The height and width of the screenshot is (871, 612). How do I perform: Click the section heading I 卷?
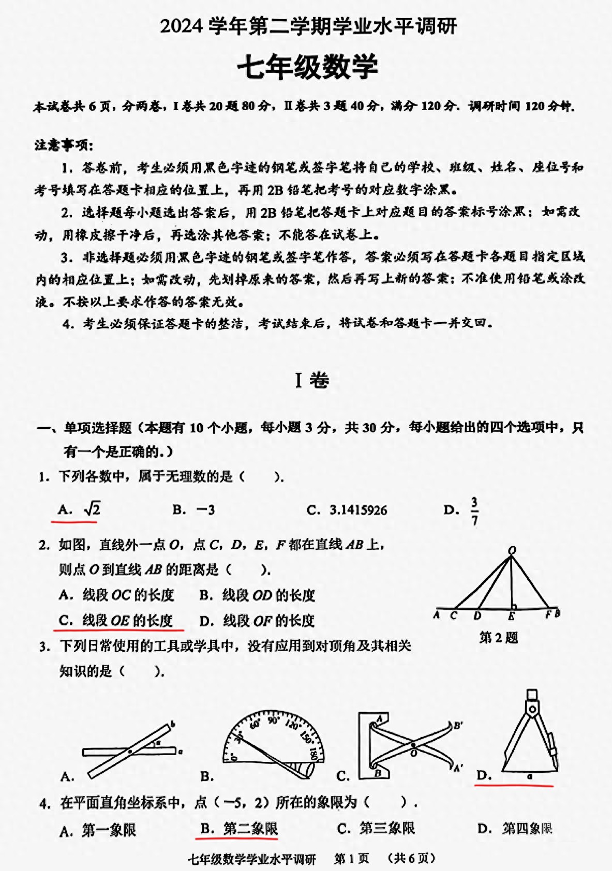[x=311, y=381]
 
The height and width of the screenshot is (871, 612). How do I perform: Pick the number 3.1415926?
[x=357, y=510]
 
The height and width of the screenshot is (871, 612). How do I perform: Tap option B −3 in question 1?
[x=193, y=509]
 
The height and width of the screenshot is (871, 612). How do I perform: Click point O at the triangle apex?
[x=512, y=550]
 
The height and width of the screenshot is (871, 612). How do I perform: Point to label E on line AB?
[x=511, y=616]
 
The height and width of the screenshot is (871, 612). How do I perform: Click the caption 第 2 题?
[x=498, y=637]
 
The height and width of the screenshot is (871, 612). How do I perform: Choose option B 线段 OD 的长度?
[x=257, y=595]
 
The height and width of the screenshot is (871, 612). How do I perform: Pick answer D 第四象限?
[x=515, y=829]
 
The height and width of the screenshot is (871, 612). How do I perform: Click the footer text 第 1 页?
[x=351, y=859]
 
